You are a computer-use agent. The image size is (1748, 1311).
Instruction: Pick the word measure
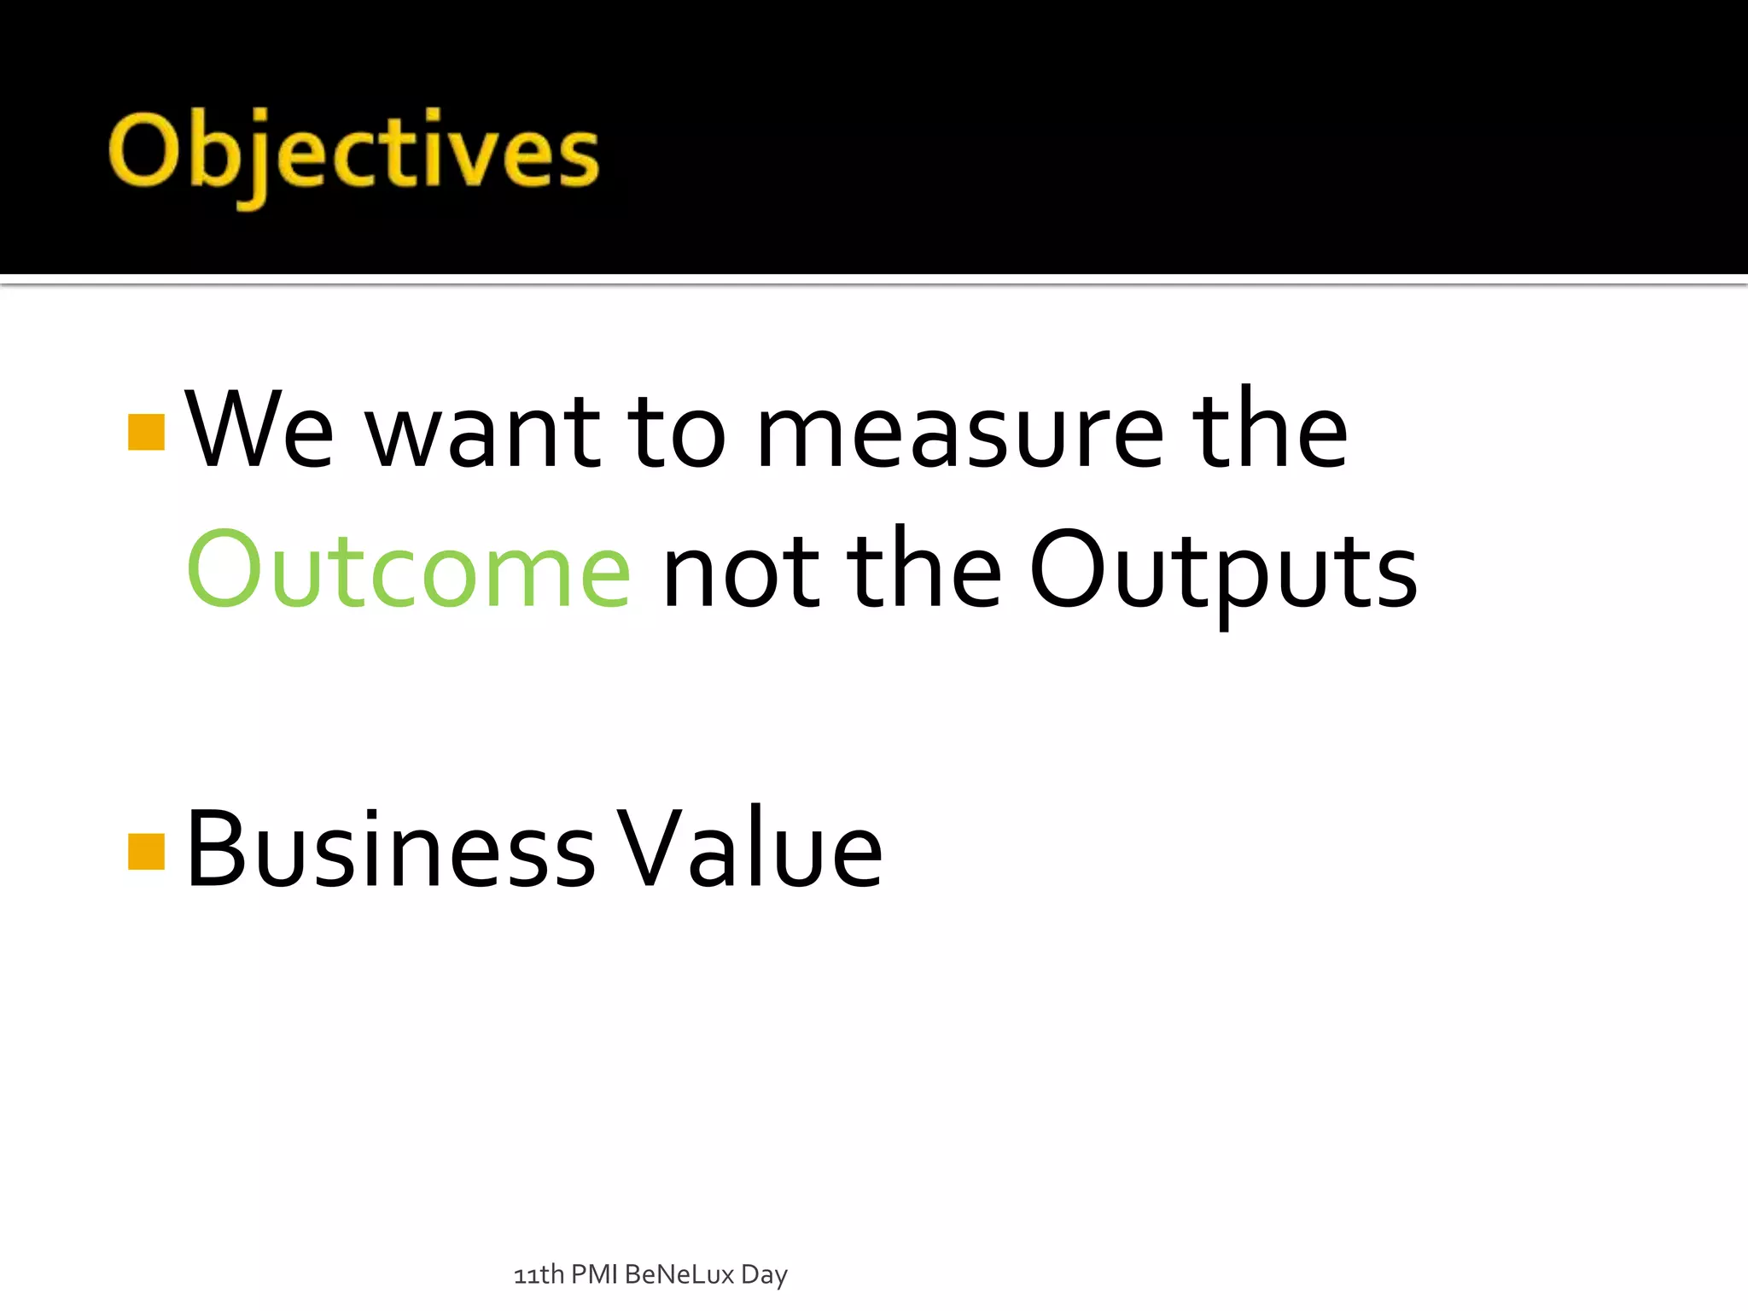click(960, 435)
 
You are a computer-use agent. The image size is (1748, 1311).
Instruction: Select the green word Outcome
click(409, 570)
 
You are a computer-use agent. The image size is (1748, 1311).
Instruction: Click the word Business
click(390, 849)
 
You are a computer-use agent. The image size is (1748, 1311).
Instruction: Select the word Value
click(749, 849)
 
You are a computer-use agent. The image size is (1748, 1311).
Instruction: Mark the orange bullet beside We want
click(146, 432)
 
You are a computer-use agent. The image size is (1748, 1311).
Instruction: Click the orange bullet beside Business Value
click(146, 851)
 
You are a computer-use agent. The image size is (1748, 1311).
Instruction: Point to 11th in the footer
click(539, 1274)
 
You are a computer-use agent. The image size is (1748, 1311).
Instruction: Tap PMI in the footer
click(594, 1274)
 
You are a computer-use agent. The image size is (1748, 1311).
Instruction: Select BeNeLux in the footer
click(679, 1274)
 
